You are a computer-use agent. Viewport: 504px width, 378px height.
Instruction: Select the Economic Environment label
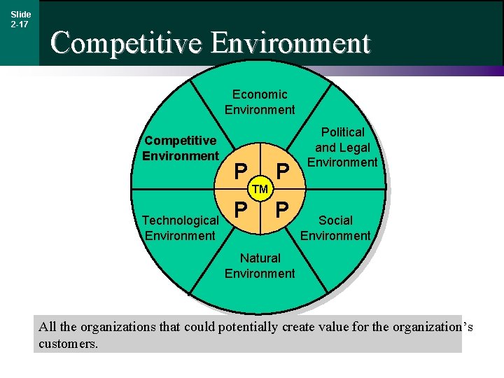(260, 101)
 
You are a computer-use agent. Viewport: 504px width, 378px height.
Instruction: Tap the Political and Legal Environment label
(343, 147)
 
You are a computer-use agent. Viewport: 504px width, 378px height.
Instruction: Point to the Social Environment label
(335, 227)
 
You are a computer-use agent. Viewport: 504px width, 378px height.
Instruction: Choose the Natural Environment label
(260, 266)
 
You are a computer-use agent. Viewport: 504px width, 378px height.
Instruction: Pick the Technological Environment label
(181, 227)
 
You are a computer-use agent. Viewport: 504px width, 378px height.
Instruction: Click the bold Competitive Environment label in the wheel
(181, 148)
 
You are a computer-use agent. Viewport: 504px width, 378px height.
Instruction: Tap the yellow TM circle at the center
(260, 189)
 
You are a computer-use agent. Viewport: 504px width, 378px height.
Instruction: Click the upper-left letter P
(240, 171)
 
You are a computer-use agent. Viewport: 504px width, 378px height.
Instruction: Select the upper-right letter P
(282, 171)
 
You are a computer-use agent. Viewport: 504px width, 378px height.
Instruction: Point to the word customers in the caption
(68, 344)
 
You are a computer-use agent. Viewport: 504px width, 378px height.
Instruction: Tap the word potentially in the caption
(250, 327)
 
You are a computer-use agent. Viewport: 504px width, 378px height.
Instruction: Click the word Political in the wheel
(343, 132)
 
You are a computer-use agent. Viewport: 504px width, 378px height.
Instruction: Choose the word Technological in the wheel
(181, 220)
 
